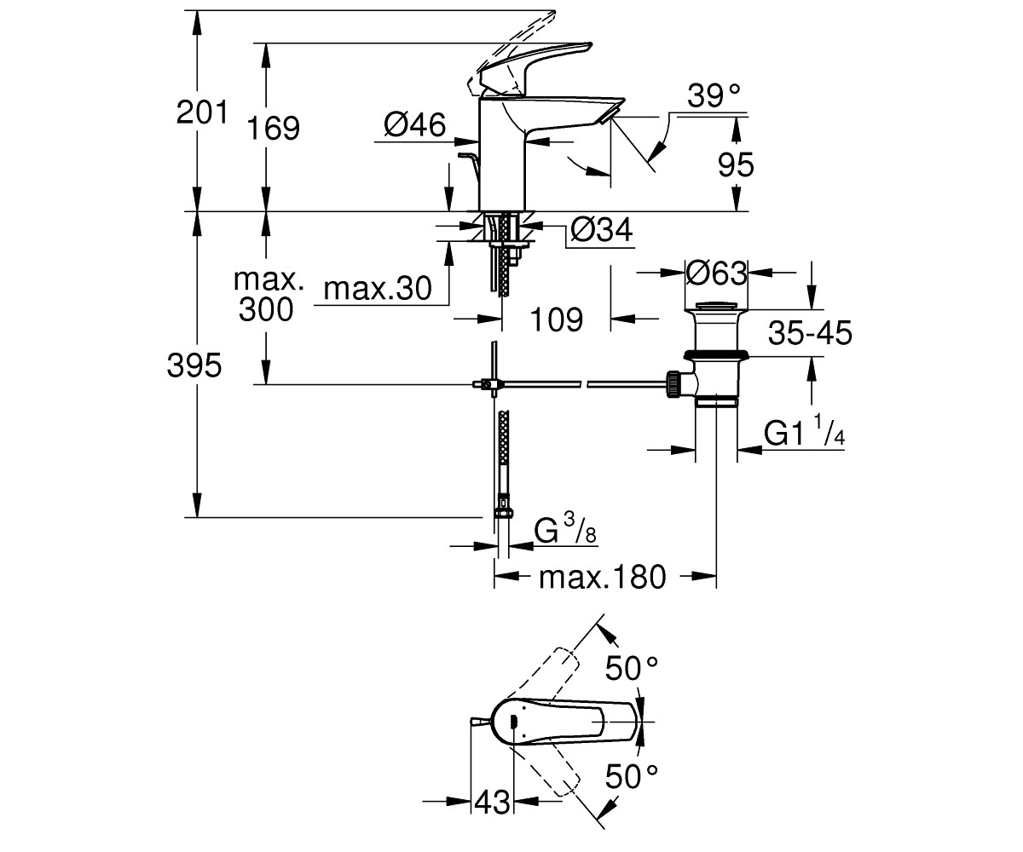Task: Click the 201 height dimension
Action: [x=202, y=112]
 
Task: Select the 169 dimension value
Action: [x=273, y=129]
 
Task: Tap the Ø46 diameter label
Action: [x=414, y=124]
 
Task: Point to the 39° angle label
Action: [x=714, y=95]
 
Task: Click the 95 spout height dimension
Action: [x=736, y=164]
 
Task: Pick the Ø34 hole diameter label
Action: [x=602, y=229]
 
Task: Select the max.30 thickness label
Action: [x=378, y=289]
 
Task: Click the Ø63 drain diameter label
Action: [x=716, y=273]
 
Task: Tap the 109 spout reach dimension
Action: [x=557, y=319]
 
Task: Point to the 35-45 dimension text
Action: [x=810, y=333]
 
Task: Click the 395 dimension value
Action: [x=194, y=366]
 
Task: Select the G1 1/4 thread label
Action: [x=804, y=430]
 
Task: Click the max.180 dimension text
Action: [x=602, y=577]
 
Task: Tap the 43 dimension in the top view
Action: [x=492, y=803]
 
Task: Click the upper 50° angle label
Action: [x=632, y=668]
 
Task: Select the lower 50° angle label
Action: [x=632, y=776]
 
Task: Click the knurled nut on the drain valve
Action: [x=673, y=384]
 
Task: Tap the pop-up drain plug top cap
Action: [x=716, y=307]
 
